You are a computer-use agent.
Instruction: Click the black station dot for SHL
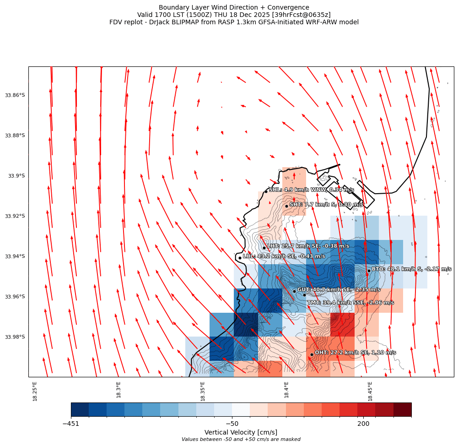click(x=266, y=191)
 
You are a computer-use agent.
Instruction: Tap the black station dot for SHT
click(x=286, y=206)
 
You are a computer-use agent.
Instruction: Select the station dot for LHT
click(x=264, y=248)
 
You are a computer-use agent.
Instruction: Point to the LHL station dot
click(x=240, y=258)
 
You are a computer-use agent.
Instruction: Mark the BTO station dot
click(x=369, y=271)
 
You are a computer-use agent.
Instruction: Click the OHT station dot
click(x=312, y=354)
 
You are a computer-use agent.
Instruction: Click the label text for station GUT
click(x=339, y=290)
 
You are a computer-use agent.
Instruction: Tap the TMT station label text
click(x=350, y=303)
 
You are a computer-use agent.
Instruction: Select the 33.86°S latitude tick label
click(x=15, y=95)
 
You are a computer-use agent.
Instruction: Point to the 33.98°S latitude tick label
click(x=15, y=337)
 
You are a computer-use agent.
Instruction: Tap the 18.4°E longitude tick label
click(x=286, y=390)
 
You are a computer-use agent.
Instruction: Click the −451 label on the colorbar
click(x=71, y=424)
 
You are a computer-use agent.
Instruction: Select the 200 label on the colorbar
click(x=363, y=424)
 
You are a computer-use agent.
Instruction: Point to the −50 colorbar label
click(x=232, y=424)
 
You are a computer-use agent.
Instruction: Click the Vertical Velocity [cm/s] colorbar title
click(x=241, y=432)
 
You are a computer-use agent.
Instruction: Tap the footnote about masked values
click(x=241, y=440)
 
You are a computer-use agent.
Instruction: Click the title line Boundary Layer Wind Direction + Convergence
click(x=234, y=7)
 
